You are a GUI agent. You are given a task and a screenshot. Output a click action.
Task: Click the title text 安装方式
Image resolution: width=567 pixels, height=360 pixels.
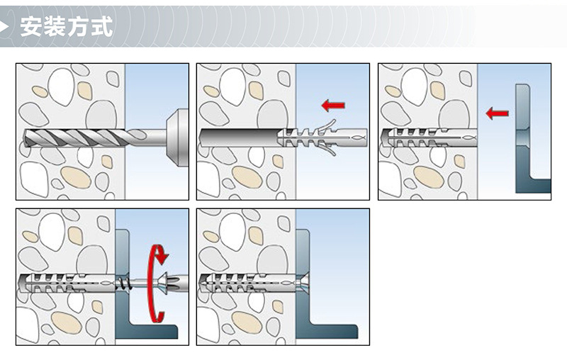pyautogui.click(x=67, y=26)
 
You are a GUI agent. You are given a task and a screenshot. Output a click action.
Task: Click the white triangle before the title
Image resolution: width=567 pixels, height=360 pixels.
pyautogui.click(x=9, y=26)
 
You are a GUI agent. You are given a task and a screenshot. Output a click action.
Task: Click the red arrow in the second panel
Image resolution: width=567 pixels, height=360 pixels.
pyautogui.click(x=333, y=106)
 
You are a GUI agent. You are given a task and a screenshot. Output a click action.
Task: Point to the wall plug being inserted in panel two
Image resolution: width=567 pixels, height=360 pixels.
pyautogui.click(x=322, y=136)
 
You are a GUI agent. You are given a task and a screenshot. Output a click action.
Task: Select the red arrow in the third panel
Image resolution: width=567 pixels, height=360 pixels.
pyautogui.click(x=498, y=113)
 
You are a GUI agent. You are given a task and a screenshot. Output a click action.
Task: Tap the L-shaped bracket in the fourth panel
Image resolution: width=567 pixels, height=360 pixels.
pyautogui.click(x=121, y=269)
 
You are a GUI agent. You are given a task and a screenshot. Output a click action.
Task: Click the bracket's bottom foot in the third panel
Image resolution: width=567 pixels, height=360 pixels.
pyautogui.click(x=534, y=186)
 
